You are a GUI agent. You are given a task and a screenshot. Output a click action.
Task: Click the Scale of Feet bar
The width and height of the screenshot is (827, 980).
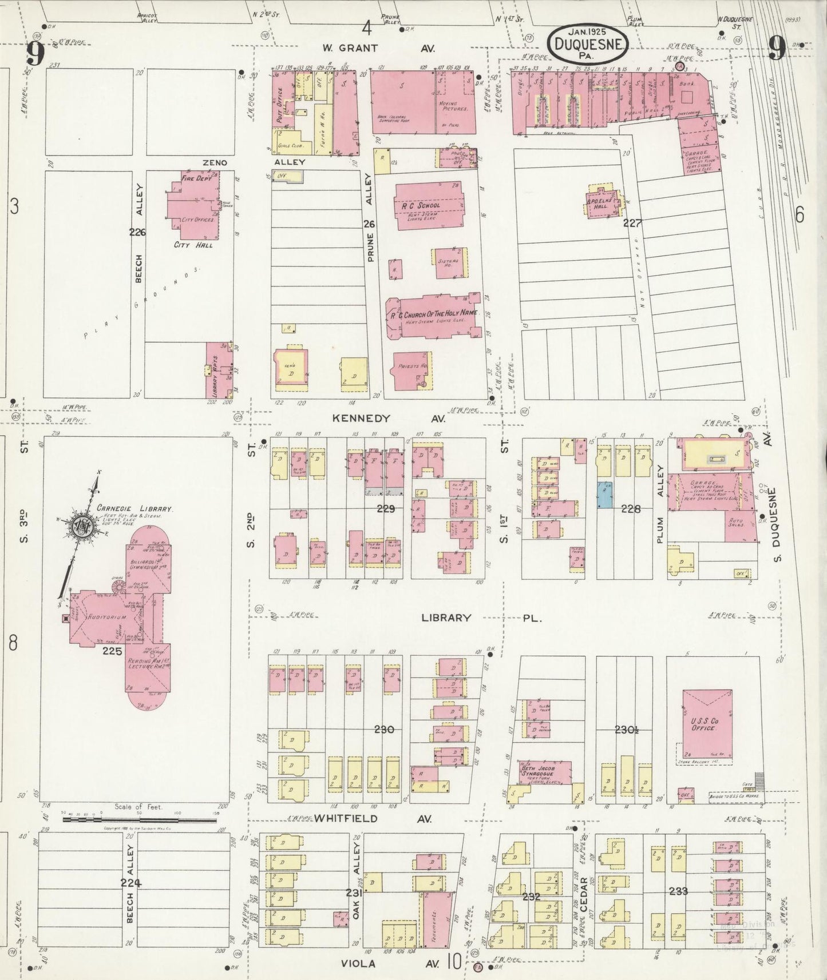point(139,820)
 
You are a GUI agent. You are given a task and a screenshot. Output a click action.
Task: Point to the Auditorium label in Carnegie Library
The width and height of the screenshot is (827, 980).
point(102,618)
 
